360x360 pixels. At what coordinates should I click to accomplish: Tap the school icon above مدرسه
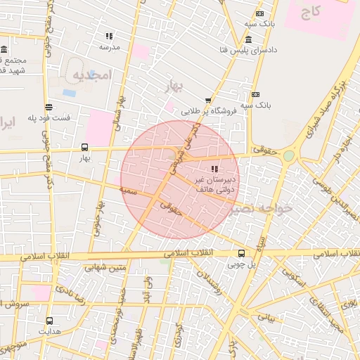pyautogui.click(x=109, y=36)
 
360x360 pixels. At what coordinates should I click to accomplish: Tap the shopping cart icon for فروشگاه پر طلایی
pyautogui.click(x=207, y=101)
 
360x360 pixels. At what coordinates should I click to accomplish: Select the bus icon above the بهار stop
pyautogui.click(x=84, y=148)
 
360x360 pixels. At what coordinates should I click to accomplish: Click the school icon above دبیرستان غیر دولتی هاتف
pyautogui.click(x=214, y=169)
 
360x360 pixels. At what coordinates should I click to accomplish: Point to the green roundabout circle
pyautogui.click(x=289, y=155)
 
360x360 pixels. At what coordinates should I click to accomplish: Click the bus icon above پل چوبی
pyautogui.click(x=241, y=254)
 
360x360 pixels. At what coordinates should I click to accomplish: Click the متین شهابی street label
pyautogui.click(x=105, y=266)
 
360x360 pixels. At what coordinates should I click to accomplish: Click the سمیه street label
pyautogui.click(x=127, y=190)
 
